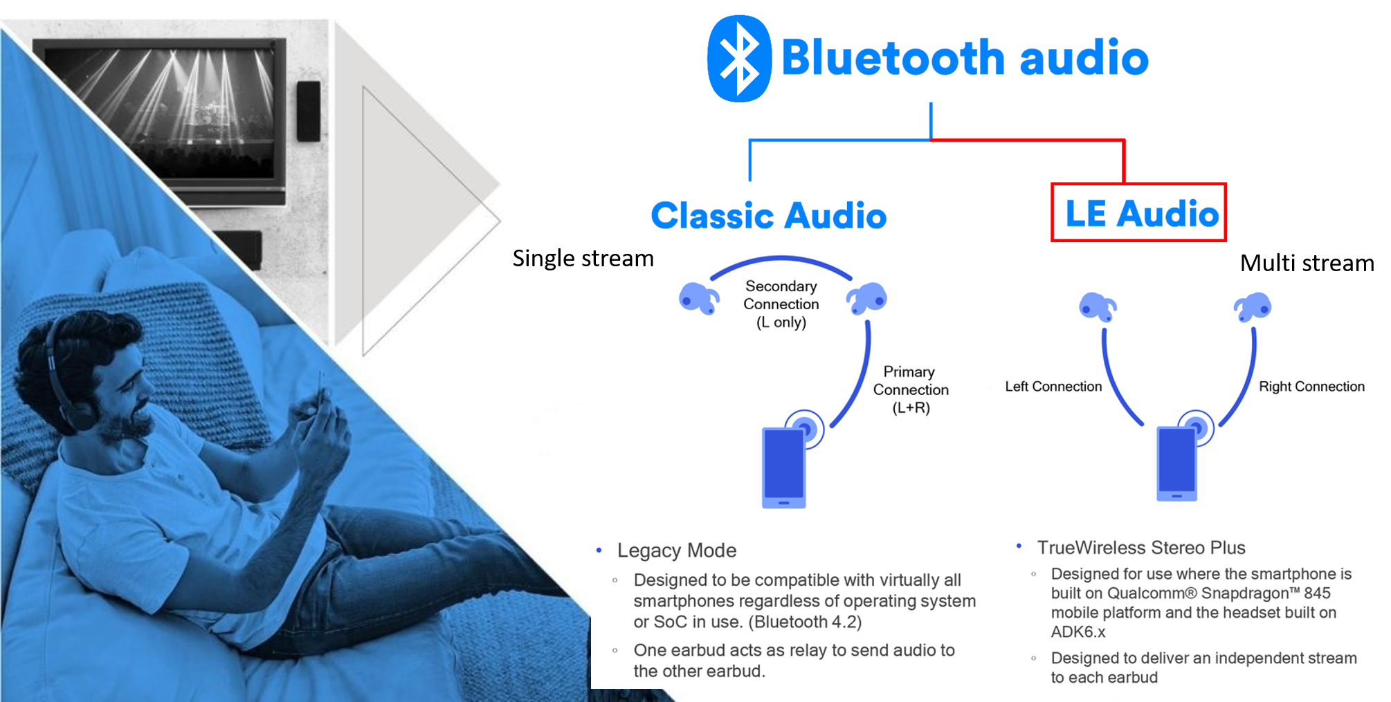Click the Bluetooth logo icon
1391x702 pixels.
click(x=739, y=59)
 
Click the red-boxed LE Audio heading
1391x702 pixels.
click(x=1138, y=212)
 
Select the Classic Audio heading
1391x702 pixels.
click(x=769, y=215)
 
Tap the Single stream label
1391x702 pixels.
click(x=583, y=258)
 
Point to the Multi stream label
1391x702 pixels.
click(x=1307, y=263)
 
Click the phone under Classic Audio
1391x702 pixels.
click(x=784, y=468)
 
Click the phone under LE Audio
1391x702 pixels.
click(x=1177, y=463)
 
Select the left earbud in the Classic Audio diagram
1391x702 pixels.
click(x=699, y=298)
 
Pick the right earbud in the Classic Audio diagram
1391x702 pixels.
click(x=866, y=297)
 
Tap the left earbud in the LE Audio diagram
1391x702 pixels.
click(x=1098, y=306)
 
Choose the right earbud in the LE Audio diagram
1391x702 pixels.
click(x=1253, y=306)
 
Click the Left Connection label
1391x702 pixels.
click(x=1053, y=387)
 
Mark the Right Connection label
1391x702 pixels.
click(x=1311, y=387)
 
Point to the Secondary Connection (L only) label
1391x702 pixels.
click(x=781, y=304)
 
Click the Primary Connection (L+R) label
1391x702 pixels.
click(x=911, y=389)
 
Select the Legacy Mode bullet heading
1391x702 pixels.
click(x=676, y=551)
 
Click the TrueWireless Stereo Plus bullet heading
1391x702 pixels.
click(x=1141, y=548)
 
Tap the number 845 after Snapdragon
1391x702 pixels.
click(x=1317, y=593)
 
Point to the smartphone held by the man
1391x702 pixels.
click(x=321, y=387)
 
